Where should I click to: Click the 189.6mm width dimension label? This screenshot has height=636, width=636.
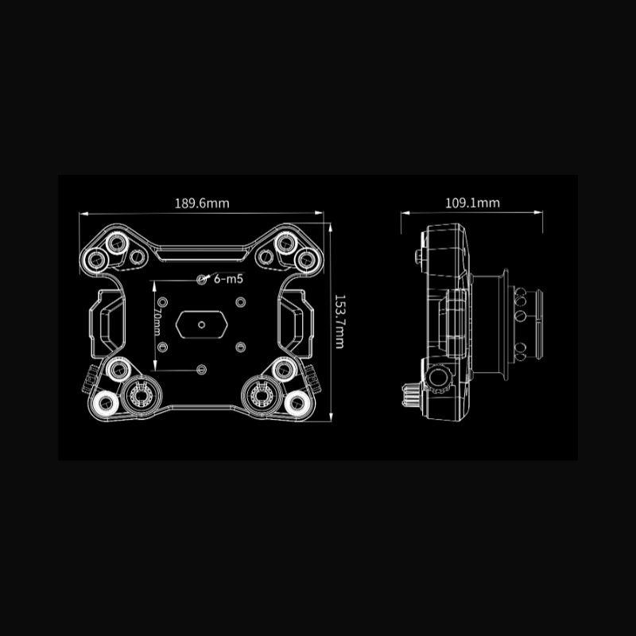click(202, 203)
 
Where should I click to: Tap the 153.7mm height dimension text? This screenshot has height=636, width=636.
click(339, 322)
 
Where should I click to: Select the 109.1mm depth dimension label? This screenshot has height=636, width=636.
click(472, 203)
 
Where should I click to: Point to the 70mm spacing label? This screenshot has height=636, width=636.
click(157, 322)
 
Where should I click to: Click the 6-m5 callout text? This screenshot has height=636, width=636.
click(228, 279)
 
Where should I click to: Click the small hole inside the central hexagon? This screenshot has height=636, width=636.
click(202, 324)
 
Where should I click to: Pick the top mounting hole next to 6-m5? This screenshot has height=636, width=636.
click(202, 279)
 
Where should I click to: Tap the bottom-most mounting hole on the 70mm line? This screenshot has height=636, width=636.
click(202, 370)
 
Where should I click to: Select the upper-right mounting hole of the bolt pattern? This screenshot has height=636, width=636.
click(241, 302)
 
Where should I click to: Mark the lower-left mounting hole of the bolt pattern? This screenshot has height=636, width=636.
click(162, 347)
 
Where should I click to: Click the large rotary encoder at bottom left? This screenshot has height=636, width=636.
click(141, 394)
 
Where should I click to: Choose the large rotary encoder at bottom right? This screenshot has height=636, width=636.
click(262, 394)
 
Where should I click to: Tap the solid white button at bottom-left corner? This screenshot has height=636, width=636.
click(106, 403)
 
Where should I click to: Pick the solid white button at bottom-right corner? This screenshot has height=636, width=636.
click(297, 403)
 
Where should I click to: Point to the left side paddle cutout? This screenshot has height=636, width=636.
click(107, 324)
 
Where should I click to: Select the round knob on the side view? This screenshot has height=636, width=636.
click(438, 378)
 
